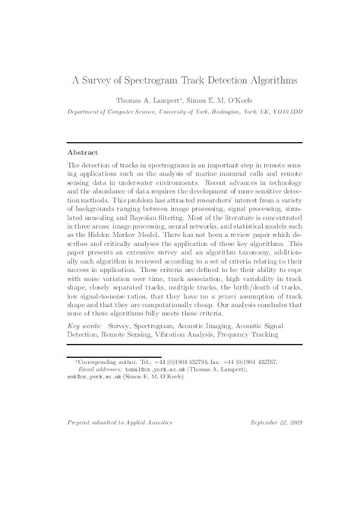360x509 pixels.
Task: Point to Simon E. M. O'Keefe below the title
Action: pyautogui.click(x=218, y=100)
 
